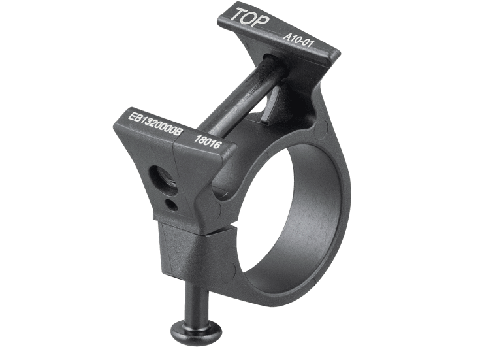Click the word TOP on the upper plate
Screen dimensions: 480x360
(x=249, y=18)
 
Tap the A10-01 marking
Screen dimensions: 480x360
(x=298, y=41)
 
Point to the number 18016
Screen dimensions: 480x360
(x=208, y=142)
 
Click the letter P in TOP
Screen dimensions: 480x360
(x=262, y=22)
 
